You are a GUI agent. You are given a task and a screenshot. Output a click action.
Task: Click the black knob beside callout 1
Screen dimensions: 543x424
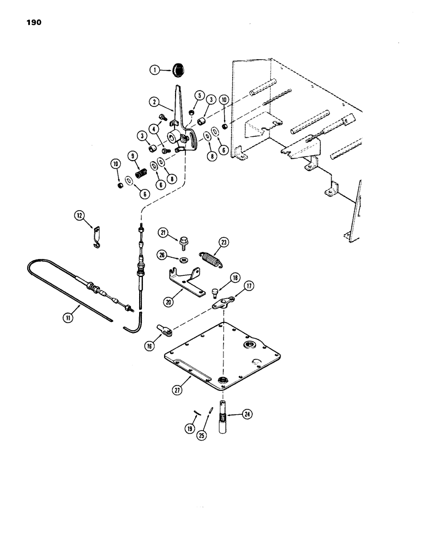pyautogui.click(x=178, y=70)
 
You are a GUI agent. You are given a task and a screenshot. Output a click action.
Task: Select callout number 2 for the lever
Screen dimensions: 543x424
pyautogui.click(x=155, y=102)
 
